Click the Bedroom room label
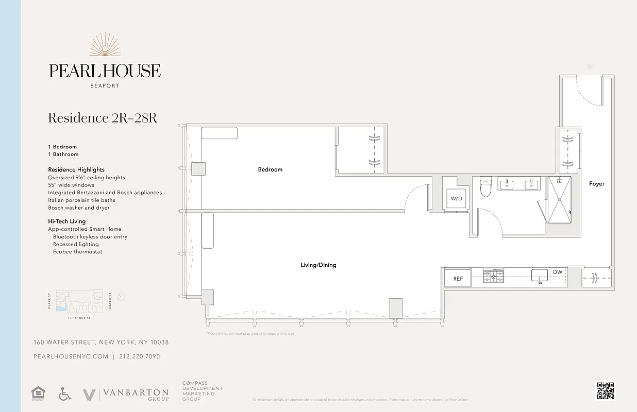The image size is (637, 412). pos(270,169)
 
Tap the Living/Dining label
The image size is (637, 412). pos(318,265)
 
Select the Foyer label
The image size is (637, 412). pos(597,184)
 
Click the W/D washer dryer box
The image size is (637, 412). pos(457,198)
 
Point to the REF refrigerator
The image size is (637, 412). pos(458,279)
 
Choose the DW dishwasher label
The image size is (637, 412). pos(558,272)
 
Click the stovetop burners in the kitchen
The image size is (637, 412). pos(493,276)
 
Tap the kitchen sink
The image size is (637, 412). pos(540,274)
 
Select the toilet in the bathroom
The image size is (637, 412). pos(485,188)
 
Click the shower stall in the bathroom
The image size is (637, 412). pos(559,200)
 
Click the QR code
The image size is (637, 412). pos(606,390)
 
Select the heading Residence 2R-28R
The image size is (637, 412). pos(103,118)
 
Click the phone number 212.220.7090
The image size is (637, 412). pos(139,356)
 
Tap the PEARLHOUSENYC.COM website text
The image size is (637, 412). pos(71,356)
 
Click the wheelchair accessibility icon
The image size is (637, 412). pos(65,394)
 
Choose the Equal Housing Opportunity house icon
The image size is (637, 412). pos(39,394)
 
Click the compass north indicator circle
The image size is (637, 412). pos(121,296)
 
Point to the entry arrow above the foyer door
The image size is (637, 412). pos(590,67)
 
